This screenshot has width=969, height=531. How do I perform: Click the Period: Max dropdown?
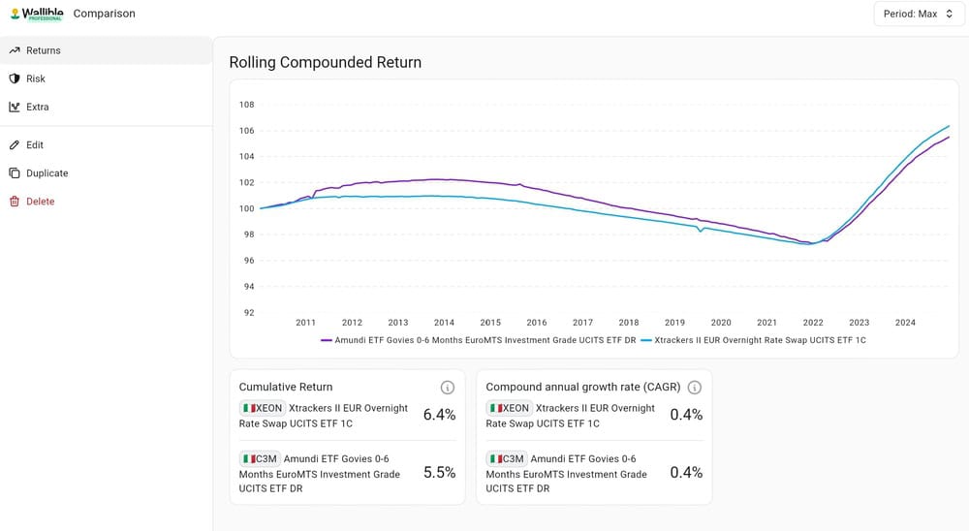(x=919, y=14)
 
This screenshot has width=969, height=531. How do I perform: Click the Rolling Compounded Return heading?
(x=325, y=62)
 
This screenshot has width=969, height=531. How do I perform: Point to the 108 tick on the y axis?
(x=246, y=105)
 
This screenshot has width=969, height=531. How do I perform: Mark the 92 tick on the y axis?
(x=248, y=313)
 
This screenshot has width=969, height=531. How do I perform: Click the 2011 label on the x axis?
(x=305, y=323)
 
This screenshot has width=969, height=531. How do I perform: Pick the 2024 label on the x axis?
(x=905, y=323)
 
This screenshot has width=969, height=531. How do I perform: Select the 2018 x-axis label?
(x=629, y=323)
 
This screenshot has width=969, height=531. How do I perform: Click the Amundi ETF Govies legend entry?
(x=479, y=340)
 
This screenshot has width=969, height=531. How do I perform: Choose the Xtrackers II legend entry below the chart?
(x=753, y=340)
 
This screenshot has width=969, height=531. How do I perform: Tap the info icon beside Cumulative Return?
(x=448, y=388)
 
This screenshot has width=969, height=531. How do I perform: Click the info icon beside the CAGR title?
(x=695, y=388)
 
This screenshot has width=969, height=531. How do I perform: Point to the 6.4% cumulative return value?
(x=439, y=415)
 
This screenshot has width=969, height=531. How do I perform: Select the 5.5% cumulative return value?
(x=439, y=473)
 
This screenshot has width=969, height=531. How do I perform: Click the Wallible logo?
(x=37, y=14)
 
